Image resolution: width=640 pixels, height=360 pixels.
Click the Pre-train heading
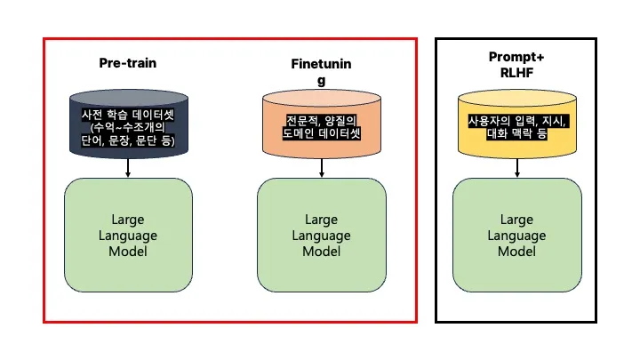click(x=128, y=63)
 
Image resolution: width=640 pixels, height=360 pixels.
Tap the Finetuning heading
click(x=321, y=71)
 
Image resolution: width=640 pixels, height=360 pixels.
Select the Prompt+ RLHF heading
click(x=516, y=65)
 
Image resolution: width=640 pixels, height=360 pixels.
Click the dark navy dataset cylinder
click(x=129, y=124)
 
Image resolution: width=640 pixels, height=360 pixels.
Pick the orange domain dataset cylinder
click(x=322, y=124)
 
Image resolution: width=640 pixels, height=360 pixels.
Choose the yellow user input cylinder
click(x=517, y=124)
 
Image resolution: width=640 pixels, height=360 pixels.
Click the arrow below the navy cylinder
click(x=128, y=168)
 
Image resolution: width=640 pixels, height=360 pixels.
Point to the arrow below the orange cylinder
click(x=322, y=168)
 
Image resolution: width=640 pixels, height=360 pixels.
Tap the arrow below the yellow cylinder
click(x=517, y=168)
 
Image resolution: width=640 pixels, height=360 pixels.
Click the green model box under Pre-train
click(x=128, y=235)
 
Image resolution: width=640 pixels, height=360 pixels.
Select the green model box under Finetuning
click(x=322, y=235)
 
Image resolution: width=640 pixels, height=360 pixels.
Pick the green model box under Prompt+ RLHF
click(x=517, y=235)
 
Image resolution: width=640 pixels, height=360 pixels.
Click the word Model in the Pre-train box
click(x=128, y=251)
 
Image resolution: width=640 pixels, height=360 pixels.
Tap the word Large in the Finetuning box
click(x=321, y=220)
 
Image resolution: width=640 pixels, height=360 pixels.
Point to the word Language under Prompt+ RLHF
click(x=516, y=236)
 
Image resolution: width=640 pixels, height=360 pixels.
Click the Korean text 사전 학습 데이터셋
click(x=128, y=115)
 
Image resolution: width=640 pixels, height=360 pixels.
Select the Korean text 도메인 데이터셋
click(x=322, y=133)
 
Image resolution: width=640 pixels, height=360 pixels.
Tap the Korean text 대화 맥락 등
click(x=516, y=133)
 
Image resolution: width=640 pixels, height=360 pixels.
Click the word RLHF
click(x=516, y=73)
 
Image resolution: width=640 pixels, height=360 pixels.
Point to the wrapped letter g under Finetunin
click(x=321, y=80)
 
